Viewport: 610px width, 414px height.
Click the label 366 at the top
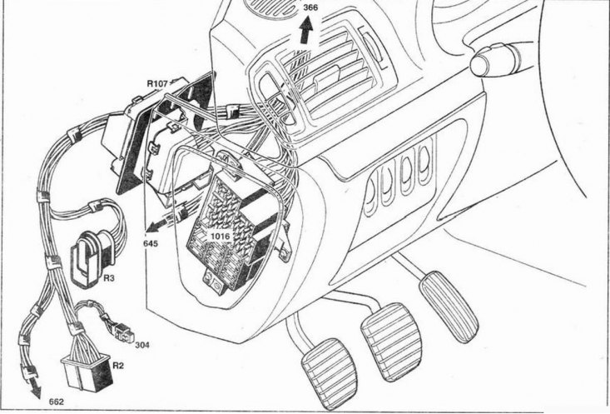pyautogui.click(x=310, y=7)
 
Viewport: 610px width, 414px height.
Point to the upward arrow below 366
pyautogui.click(x=306, y=30)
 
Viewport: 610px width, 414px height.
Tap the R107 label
pyautogui.click(x=157, y=83)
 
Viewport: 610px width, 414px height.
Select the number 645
pyautogui.click(x=151, y=244)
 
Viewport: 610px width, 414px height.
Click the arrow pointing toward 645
pyautogui.click(x=161, y=224)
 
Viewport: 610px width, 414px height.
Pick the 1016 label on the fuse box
pyautogui.click(x=221, y=236)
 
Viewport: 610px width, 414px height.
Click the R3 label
pyautogui.click(x=109, y=278)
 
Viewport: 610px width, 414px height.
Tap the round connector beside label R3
pyautogui.click(x=90, y=259)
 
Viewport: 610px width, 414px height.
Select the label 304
pyautogui.click(x=142, y=345)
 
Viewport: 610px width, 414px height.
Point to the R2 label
pyautogui.click(x=118, y=366)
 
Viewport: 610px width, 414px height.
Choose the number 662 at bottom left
pyautogui.click(x=57, y=402)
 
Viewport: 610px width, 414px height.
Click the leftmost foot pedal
pyautogui.click(x=330, y=373)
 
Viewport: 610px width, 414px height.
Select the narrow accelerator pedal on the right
pyautogui.click(x=449, y=307)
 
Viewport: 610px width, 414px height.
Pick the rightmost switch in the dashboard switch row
pyautogui.click(x=425, y=164)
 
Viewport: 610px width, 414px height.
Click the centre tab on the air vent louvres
pyautogui.click(x=326, y=78)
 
